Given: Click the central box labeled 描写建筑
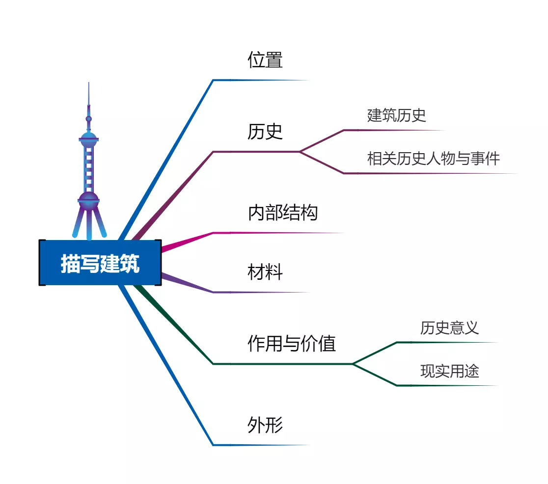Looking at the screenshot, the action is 100,263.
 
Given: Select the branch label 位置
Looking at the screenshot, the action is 265,60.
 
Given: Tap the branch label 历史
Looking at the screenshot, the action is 265,132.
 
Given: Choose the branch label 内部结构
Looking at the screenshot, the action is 283,213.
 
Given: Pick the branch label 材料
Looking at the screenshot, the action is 265,272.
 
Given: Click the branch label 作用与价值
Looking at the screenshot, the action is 292,343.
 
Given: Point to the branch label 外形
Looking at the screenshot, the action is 265,425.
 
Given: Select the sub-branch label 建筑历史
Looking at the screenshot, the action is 396,115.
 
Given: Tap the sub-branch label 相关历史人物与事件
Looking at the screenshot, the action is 434,158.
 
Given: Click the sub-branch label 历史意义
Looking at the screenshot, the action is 449,328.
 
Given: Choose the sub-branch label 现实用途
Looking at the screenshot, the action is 449,371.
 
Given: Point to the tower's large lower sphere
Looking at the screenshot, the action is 89,201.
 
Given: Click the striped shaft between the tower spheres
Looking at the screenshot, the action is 89,169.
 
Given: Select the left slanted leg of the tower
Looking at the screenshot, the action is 78,223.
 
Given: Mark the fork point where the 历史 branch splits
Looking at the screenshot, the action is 300,152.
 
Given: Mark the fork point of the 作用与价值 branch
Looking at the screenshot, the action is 353,364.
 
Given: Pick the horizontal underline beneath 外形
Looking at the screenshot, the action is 261,445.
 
